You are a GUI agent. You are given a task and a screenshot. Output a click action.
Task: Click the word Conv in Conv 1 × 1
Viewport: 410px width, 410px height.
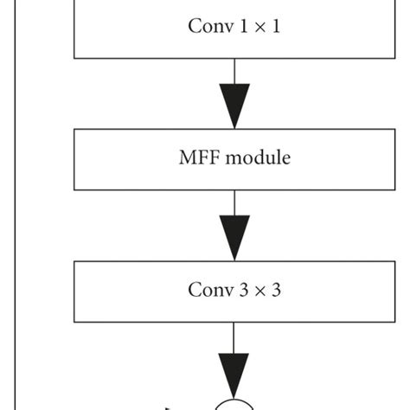207,26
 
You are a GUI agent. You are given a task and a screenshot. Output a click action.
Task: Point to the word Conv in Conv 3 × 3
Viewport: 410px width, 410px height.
207,290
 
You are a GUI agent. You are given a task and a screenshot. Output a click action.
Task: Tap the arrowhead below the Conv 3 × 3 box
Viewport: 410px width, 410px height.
234,372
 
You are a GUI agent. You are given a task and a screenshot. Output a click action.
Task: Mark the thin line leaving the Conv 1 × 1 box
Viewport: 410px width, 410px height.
234,71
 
